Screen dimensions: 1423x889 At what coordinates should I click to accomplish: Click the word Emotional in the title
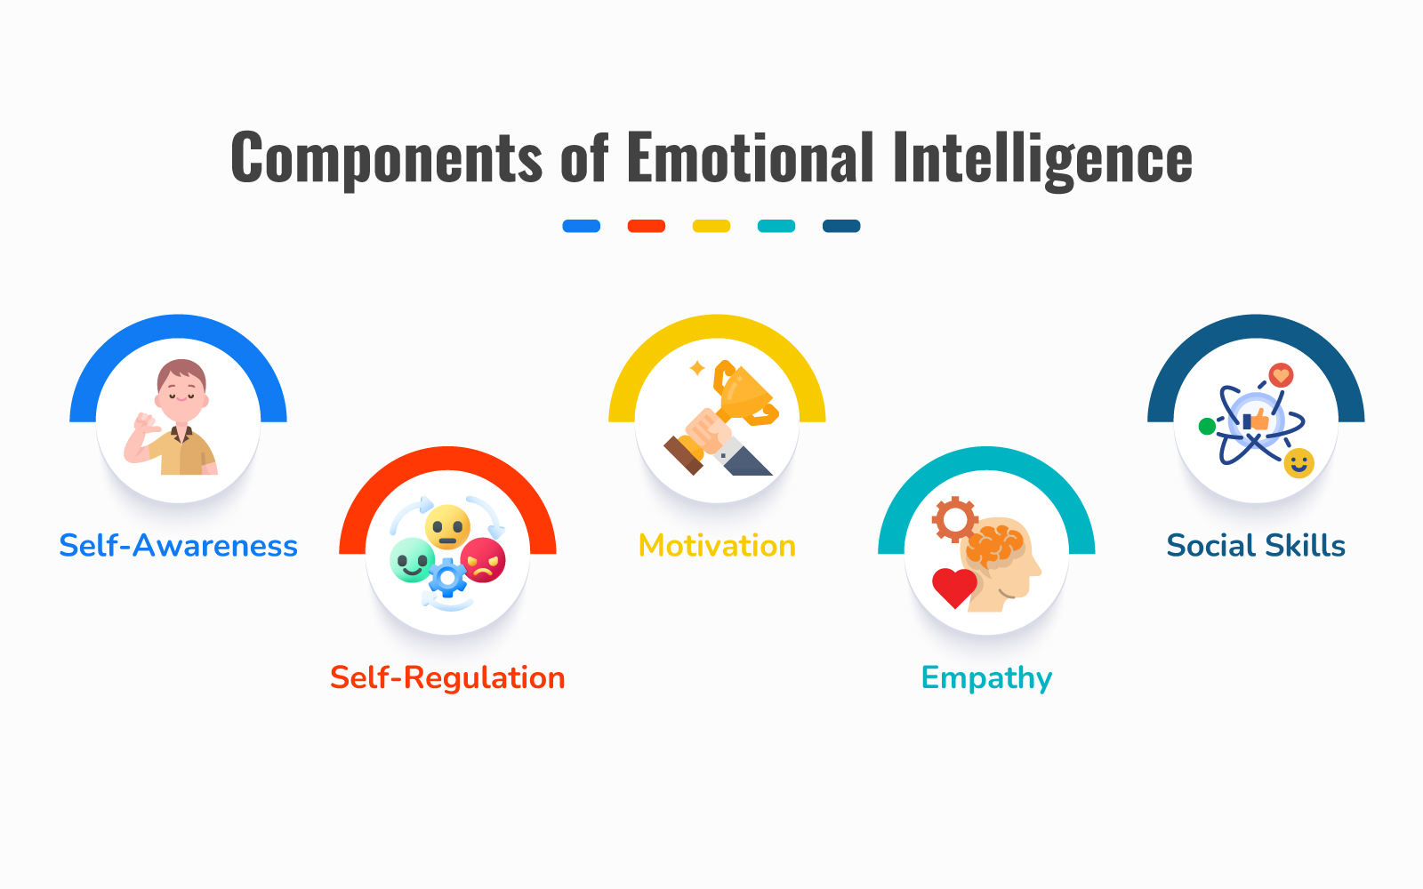pyautogui.click(x=751, y=157)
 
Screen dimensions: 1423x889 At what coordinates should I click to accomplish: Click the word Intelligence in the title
pyautogui.click(x=1042, y=159)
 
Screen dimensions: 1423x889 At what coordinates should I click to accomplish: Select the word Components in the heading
pyautogui.click(x=386, y=159)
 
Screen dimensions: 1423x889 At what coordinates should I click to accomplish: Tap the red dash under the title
pyautogui.click(x=646, y=226)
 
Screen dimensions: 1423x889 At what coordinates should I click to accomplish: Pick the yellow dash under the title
pyautogui.click(x=711, y=226)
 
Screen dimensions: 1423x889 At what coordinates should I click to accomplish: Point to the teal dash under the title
pyautogui.click(x=776, y=226)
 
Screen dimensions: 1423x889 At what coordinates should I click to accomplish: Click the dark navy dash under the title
pyautogui.click(x=841, y=226)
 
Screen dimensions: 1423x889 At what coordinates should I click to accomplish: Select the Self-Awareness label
pyautogui.click(x=179, y=546)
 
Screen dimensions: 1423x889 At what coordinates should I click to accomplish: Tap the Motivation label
pyautogui.click(x=717, y=546)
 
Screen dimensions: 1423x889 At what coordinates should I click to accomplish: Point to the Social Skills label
pyautogui.click(x=1256, y=546)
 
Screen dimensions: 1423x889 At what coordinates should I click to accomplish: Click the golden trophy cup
pyautogui.click(x=744, y=392)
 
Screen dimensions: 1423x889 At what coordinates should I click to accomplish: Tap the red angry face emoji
pyautogui.click(x=484, y=561)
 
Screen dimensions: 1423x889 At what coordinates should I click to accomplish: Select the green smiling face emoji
pyautogui.click(x=413, y=560)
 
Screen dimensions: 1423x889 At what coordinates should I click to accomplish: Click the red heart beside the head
pyautogui.click(x=954, y=588)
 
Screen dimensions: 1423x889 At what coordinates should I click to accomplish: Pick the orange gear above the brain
pyautogui.click(x=954, y=519)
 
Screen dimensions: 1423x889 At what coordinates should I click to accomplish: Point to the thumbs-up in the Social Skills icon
pyautogui.click(x=1256, y=420)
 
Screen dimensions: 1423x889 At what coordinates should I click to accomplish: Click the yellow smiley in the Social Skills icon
pyautogui.click(x=1298, y=463)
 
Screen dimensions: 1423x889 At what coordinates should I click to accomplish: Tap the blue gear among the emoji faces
pyautogui.click(x=448, y=578)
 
